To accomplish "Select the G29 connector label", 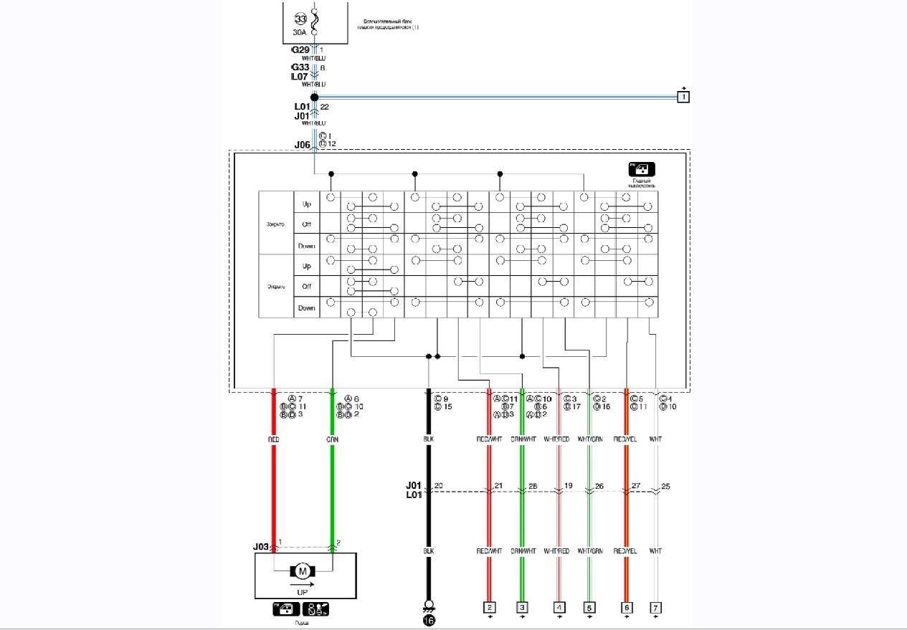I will pyautogui.click(x=300, y=50).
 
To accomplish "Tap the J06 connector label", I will pyautogui.click(x=303, y=144).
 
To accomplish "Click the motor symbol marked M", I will pyautogui.click(x=303, y=571).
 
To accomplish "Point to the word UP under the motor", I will pyautogui.click(x=303, y=593).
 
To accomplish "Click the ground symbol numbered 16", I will pyautogui.click(x=429, y=621).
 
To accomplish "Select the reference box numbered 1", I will pyautogui.click(x=683, y=96).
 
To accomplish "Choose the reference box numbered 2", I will pyautogui.click(x=490, y=608).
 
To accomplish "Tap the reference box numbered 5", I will pyautogui.click(x=589, y=608).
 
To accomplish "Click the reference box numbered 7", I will pyautogui.click(x=655, y=608).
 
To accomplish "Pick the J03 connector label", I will pyautogui.click(x=261, y=547).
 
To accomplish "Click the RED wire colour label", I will pyautogui.click(x=273, y=439).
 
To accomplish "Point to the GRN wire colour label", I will pyautogui.click(x=333, y=439).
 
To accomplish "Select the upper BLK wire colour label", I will pyautogui.click(x=429, y=439).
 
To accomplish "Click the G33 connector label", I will pyautogui.click(x=300, y=67).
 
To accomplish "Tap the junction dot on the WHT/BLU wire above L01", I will pyautogui.click(x=314, y=97).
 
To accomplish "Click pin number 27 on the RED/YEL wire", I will pyautogui.click(x=635, y=487).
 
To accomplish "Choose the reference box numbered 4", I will pyautogui.click(x=559, y=608).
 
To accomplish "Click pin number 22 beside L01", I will pyautogui.click(x=325, y=107).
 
